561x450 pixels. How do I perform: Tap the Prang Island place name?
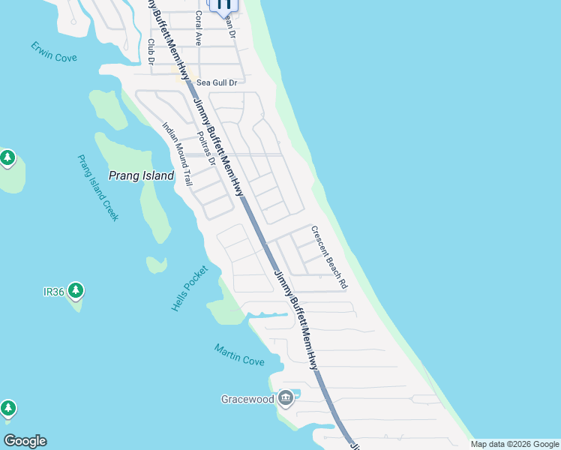pyautogui.click(x=141, y=176)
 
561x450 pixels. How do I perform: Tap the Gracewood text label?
pyautogui.click(x=247, y=399)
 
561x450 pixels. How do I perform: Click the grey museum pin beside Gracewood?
pyautogui.click(x=285, y=397)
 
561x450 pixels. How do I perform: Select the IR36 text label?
pyautogui.click(x=53, y=292)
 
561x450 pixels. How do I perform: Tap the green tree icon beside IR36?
pyautogui.click(x=75, y=290)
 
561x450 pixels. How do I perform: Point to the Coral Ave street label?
pyautogui.click(x=199, y=28)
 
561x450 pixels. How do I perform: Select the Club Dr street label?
pyautogui.click(x=151, y=51)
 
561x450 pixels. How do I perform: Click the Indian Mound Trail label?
pyautogui.click(x=178, y=154)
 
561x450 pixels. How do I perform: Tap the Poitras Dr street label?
pyautogui.click(x=206, y=148)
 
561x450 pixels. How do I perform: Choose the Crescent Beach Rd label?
pyautogui.click(x=330, y=258)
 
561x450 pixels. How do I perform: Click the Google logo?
pyautogui.click(x=25, y=441)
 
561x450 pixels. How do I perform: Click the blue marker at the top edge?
pyautogui.click(x=223, y=4)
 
